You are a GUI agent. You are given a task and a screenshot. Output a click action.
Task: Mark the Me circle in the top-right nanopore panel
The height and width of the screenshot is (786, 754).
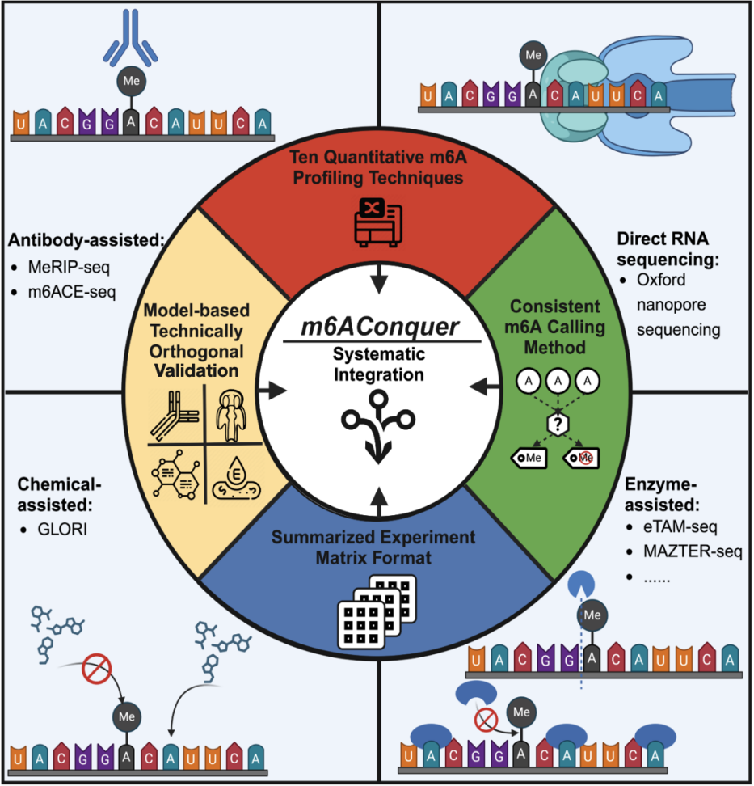tap(532, 57)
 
